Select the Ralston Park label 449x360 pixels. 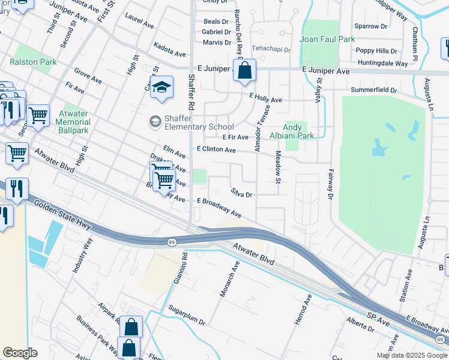33,62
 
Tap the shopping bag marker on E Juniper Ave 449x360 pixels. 244,71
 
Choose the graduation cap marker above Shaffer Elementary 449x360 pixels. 161,88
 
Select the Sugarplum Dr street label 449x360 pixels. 187,314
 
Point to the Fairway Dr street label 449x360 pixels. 330,184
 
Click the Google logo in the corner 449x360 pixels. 20,353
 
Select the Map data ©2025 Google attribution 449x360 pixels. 411,355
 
